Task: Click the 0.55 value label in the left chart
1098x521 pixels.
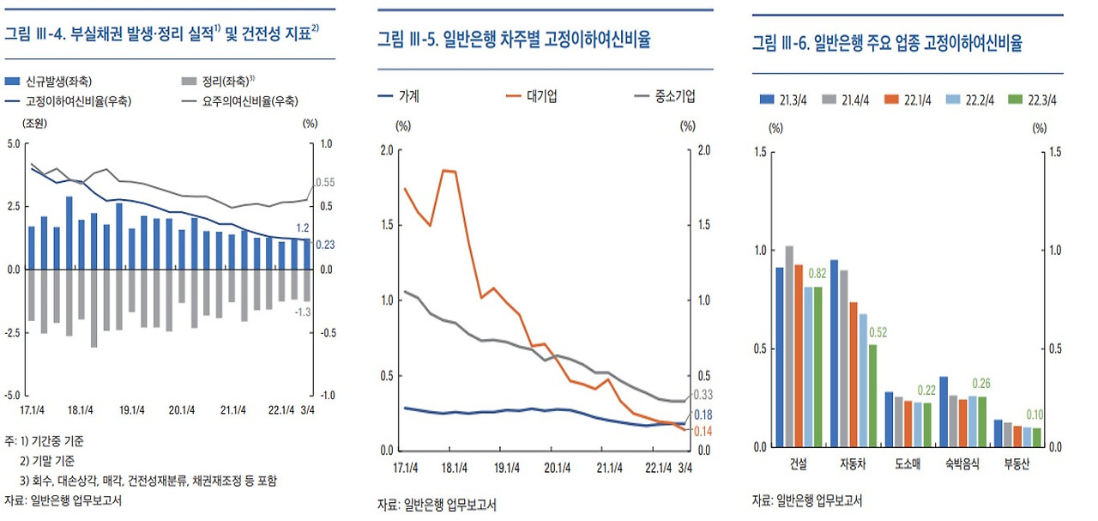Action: [x=324, y=183]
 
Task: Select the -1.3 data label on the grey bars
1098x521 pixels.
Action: [x=302, y=312]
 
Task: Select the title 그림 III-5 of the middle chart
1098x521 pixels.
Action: [x=513, y=39]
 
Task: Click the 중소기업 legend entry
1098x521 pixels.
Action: [x=663, y=96]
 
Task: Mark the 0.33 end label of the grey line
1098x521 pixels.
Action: [x=703, y=395]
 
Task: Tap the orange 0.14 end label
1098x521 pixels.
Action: [x=703, y=431]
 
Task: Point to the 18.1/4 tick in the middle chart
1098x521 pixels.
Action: [x=454, y=468]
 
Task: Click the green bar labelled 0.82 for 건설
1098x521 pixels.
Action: [x=817, y=367]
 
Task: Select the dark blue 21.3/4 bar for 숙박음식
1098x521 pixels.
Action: [x=944, y=411]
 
